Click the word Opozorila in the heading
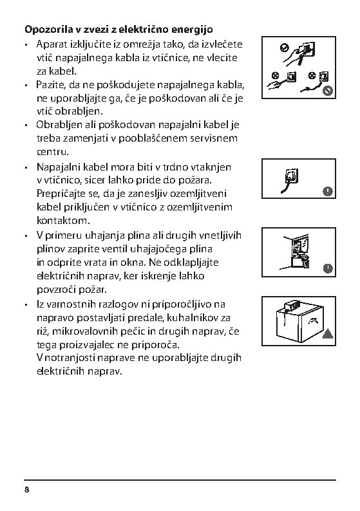pyautogui.click(x=49, y=30)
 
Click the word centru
pyautogui.click(x=53, y=152)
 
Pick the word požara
pyautogui.click(x=195, y=180)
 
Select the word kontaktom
pyautogui.click(x=63, y=221)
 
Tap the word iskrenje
pyautogui.click(x=158, y=276)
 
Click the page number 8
pyautogui.click(x=27, y=490)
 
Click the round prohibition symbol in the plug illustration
pyautogui.click(x=328, y=91)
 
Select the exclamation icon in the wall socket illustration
pyautogui.click(x=328, y=191)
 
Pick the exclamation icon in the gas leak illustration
pyautogui.click(x=328, y=268)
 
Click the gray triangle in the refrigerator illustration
pyautogui.click(x=328, y=334)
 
